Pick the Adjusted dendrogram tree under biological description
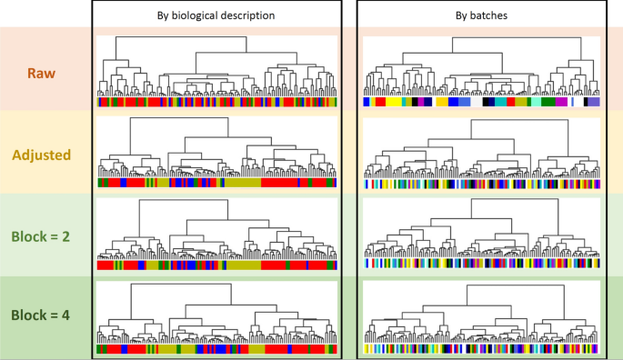(x=216, y=150)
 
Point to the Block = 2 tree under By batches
(x=481, y=232)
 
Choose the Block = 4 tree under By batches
(x=481, y=314)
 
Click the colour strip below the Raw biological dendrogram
(x=216, y=104)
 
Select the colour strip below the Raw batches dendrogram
(x=481, y=104)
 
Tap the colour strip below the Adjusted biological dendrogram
(x=216, y=183)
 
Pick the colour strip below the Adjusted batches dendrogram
(x=481, y=184)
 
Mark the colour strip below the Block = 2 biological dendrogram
(x=216, y=265)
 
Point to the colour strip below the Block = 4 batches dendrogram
(x=481, y=348)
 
